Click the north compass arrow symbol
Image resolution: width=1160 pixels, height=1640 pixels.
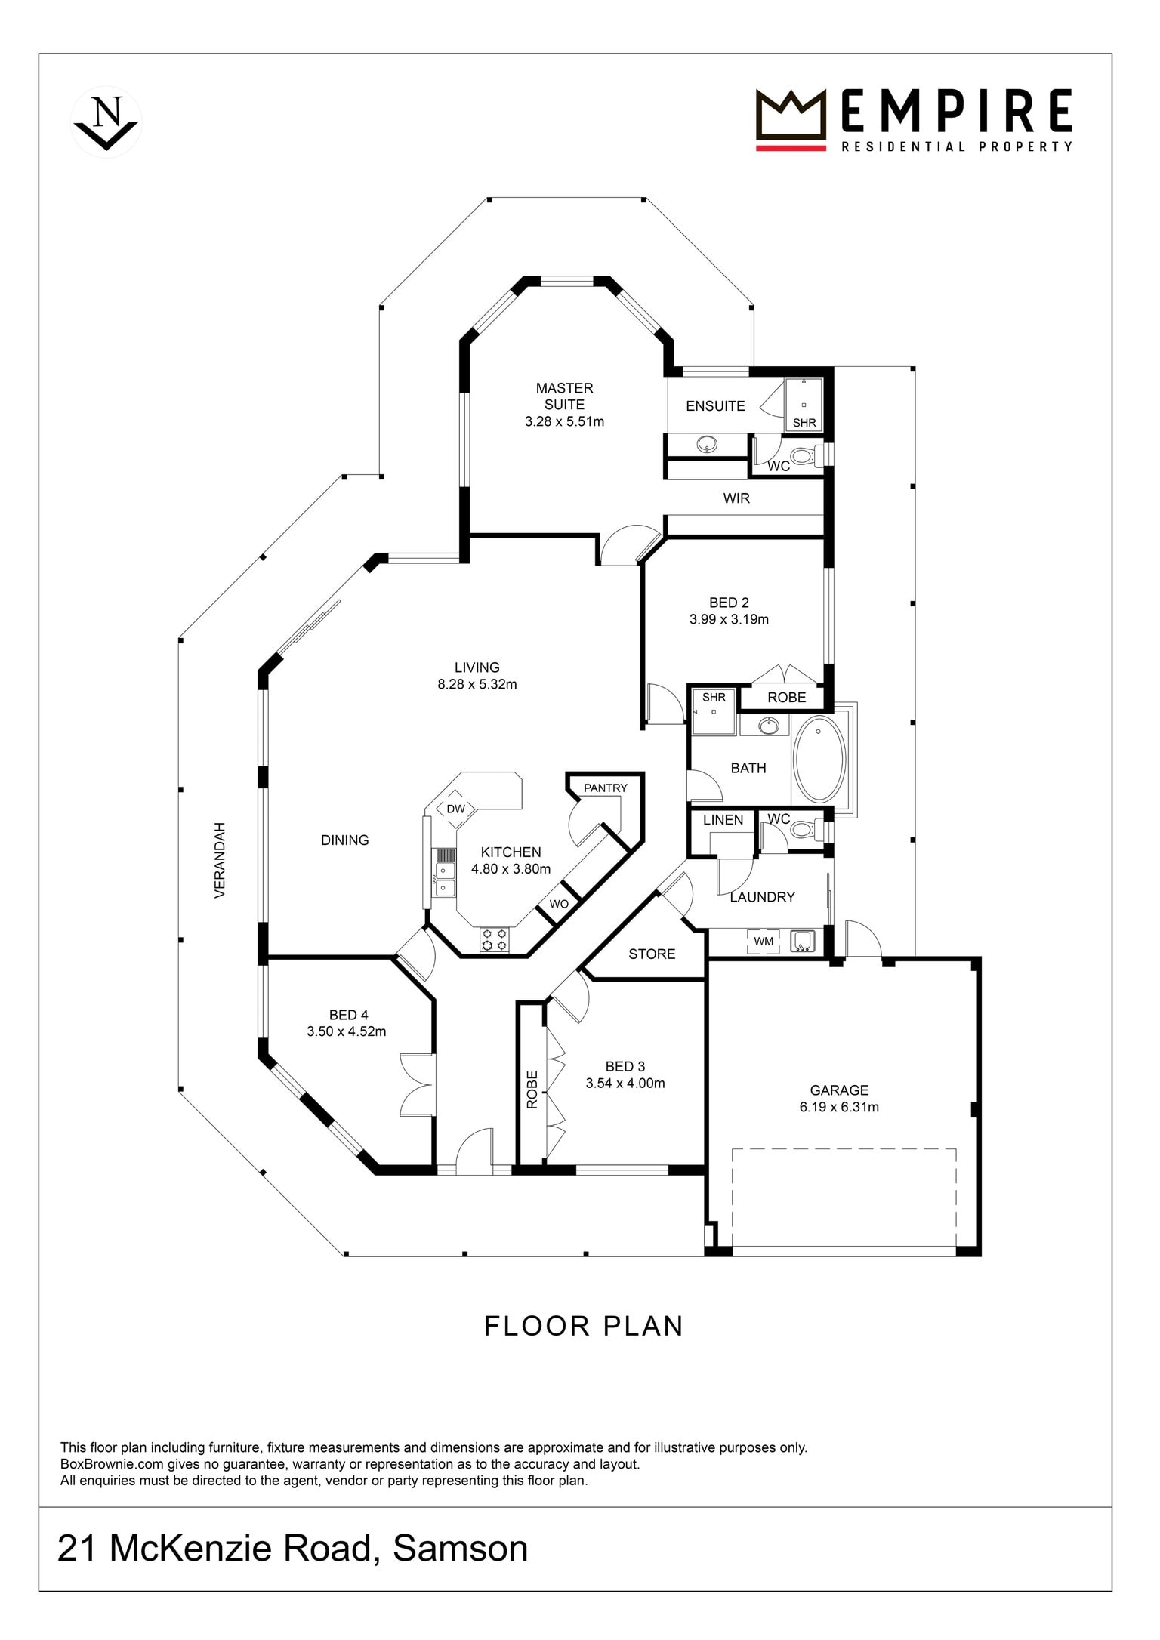pos(106,122)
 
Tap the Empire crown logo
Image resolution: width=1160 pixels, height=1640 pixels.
pos(791,120)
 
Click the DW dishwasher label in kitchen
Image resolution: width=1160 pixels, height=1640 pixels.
pos(456,809)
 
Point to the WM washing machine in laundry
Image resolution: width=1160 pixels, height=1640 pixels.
pos(764,942)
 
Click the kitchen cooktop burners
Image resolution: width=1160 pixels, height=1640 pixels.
pos(495,939)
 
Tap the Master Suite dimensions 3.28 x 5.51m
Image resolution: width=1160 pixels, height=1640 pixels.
pos(564,422)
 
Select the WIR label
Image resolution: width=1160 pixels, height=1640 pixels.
pos(736,498)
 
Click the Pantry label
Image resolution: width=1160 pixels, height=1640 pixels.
pos(606,788)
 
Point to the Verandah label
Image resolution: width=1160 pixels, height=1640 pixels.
pos(220,860)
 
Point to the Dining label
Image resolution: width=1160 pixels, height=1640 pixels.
pos(345,840)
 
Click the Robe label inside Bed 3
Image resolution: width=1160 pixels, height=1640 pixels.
pos(532,1090)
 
